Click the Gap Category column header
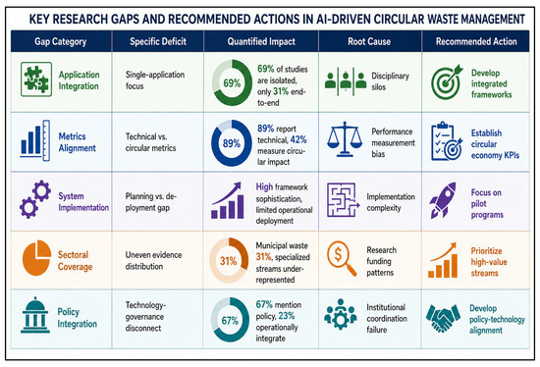[x=60, y=41]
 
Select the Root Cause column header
[x=369, y=41]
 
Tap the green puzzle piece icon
[x=36, y=79]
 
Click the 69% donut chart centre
[x=232, y=83]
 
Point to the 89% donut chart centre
[x=232, y=143]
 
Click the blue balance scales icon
[x=345, y=139]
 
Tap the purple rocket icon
[x=443, y=200]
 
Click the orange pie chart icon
[x=36, y=257]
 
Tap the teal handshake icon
[x=443, y=318]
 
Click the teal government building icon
[x=35, y=315]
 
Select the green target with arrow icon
[x=447, y=82]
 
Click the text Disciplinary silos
[x=390, y=81]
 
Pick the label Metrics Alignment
[x=78, y=142]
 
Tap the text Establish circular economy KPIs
[x=495, y=144]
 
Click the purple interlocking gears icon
[x=35, y=199]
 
